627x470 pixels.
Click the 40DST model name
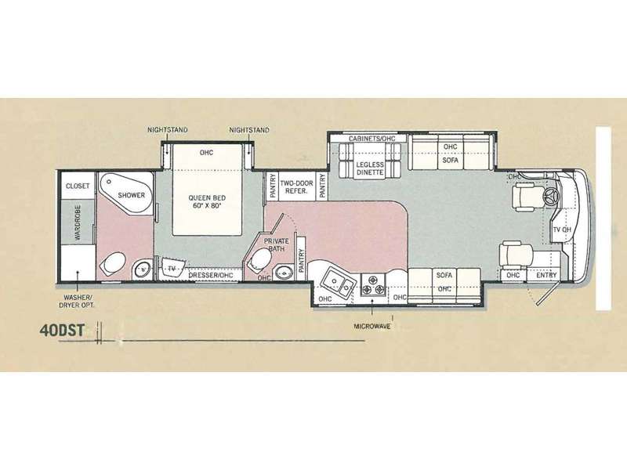[x=62, y=331]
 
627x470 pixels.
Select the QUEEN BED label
[x=207, y=201]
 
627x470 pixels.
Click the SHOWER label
[x=131, y=195]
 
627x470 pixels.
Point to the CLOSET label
[x=78, y=186]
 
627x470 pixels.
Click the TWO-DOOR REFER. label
[x=296, y=187]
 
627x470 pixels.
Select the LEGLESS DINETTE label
[x=370, y=168]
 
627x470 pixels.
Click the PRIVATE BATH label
[x=276, y=244]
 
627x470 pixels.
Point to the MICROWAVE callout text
[x=371, y=326]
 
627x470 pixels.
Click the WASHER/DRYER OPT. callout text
[x=78, y=301]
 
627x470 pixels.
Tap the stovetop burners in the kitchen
[x=373, y=284]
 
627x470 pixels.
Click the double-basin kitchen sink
[x=339, y=283]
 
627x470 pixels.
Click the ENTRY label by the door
[x=546, y=275]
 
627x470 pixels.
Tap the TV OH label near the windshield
[x=562, y=230]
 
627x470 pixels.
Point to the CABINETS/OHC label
[x=371, y=139]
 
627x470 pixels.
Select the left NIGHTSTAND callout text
[x=168, y=130]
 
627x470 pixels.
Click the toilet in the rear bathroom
[x=111, y=263]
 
